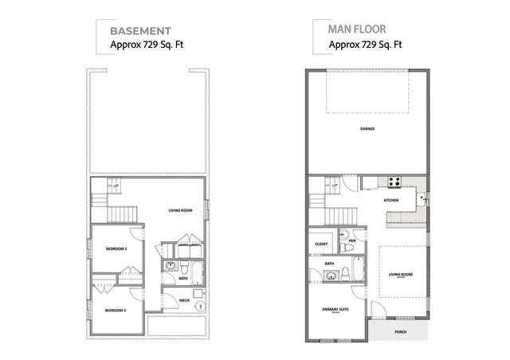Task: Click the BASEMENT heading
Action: point(140,31)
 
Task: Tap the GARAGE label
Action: point(367,128)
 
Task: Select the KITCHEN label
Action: point(391,200)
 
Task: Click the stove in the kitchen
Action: point(393,181)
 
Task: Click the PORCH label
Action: point(400,332)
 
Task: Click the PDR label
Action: point(351,239)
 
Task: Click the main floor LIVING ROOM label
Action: point(400,275)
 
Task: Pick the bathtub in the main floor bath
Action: point(359,270)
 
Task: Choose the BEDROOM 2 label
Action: point(116,310)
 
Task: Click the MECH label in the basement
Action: point(184,300)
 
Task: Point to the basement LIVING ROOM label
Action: point(181,210)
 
